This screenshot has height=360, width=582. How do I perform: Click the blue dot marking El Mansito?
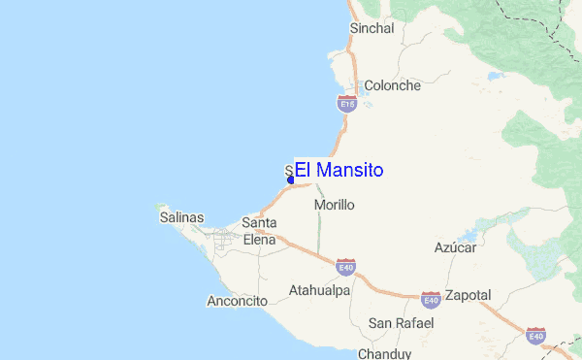(x=291, y=180)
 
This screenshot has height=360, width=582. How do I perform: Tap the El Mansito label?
(x=339, y=171)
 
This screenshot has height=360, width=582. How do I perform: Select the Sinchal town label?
(x=372, y=29)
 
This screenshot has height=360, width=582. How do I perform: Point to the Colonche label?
(x=392, y=85)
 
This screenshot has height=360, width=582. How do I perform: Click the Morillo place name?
(x=335, y=206)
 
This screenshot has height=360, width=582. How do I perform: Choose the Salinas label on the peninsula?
(x=181, y=218)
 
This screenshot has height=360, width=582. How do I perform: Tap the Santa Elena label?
(x=259, y=231)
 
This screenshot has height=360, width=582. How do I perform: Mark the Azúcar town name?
(x=455, y=248)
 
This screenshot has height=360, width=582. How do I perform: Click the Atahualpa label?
(x=319, y=290)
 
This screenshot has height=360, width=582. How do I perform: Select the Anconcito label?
(x=237, y=302)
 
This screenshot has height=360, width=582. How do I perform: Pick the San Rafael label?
(x=401, y=322)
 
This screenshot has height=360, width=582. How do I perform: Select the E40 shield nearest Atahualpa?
(x=346, y=266)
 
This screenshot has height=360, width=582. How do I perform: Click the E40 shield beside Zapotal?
(x=431, y=298)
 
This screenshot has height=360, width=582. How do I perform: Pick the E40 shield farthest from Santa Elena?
(x=535, y=336)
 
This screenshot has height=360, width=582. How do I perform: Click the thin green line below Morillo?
(x=319, y=228)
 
